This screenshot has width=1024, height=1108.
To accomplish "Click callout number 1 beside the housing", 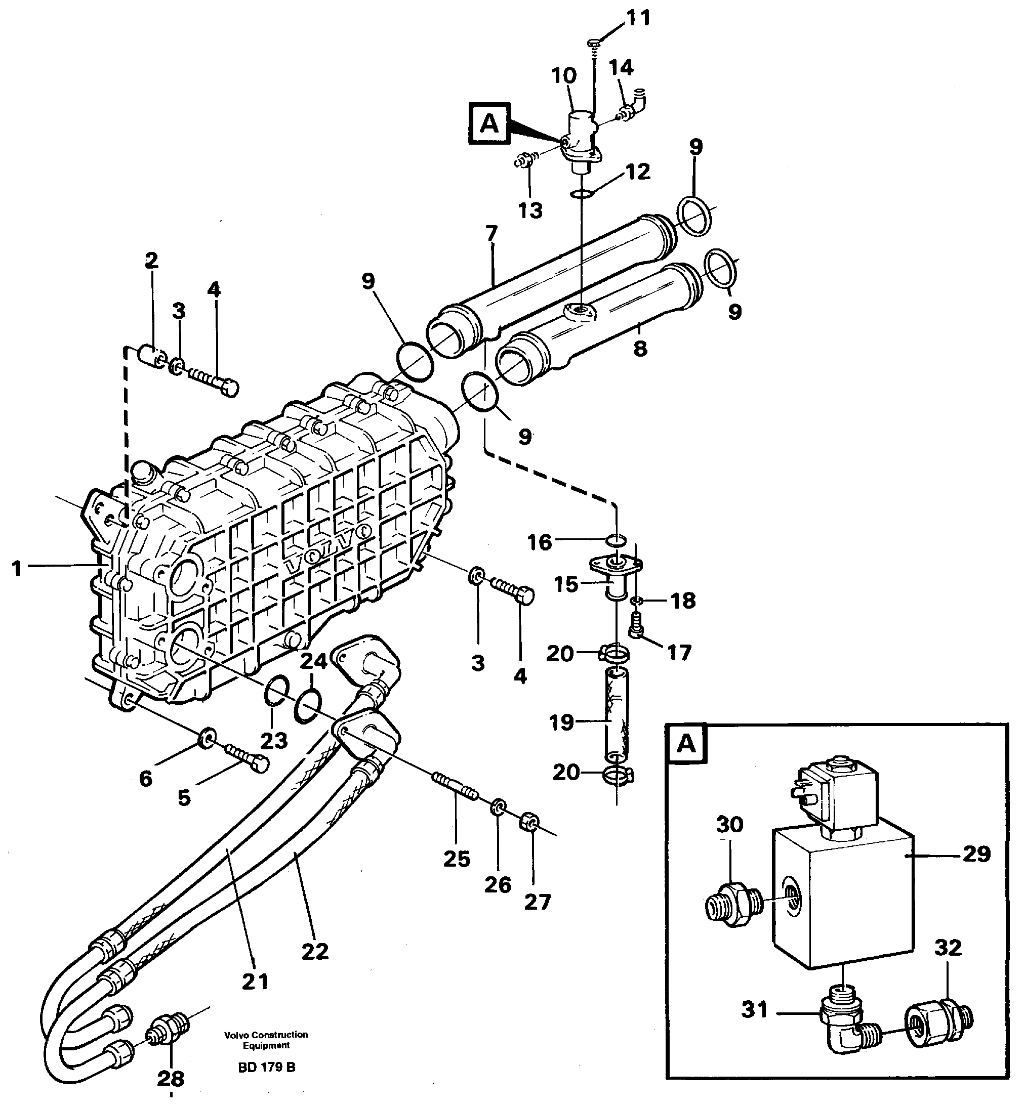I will pyautogui.click(x=17, y=568).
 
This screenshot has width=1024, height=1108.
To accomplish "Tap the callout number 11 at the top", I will pyautogui.click(x=638, y=18).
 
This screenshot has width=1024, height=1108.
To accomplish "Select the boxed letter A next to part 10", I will pyautogui.click(x=489, y=123).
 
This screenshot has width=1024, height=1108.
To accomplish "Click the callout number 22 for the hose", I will pyautogui.click(x=315, y=952).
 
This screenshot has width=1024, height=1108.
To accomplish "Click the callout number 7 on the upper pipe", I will pyautogui.click(x=491, y=234).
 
